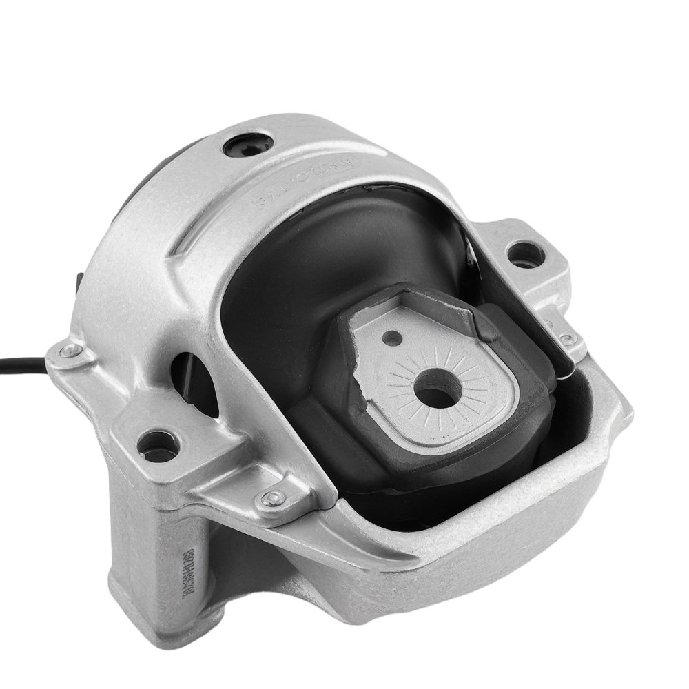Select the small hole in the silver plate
click(x=392, y=338)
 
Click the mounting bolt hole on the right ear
click(x=526, y=255)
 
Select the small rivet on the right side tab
click(x=566, y=339)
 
